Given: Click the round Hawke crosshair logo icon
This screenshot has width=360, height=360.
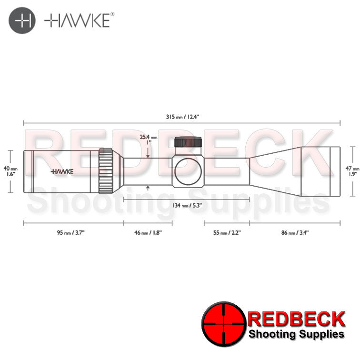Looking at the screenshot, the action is click(x=22, y=20).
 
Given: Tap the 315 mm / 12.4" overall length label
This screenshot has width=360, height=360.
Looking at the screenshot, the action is click(x=182, y=117).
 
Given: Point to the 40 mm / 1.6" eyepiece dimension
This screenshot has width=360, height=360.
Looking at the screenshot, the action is click(x=10, y=171).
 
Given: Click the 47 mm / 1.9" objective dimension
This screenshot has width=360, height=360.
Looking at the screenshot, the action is click(x=352, y=171).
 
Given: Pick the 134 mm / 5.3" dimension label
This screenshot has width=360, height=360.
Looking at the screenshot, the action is click(x=187, y=205).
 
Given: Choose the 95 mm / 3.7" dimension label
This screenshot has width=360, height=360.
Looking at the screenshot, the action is click(x=70, y=232).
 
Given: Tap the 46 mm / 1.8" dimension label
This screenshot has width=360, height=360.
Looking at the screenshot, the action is click(x=148, y=232).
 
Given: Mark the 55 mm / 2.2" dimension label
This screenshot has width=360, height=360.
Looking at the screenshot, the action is click(x=227, y=232).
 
